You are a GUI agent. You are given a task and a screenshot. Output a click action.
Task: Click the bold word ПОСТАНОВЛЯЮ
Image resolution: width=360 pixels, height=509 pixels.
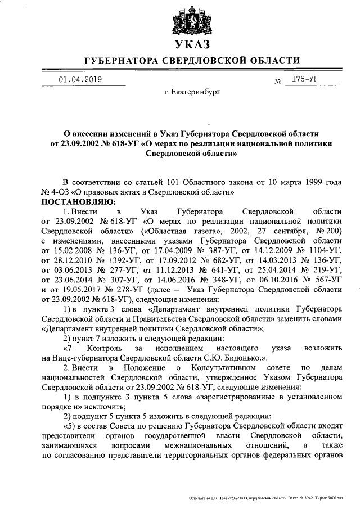click(77, 201)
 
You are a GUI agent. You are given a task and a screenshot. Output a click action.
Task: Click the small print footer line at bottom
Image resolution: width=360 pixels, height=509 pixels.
click(272, 498)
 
